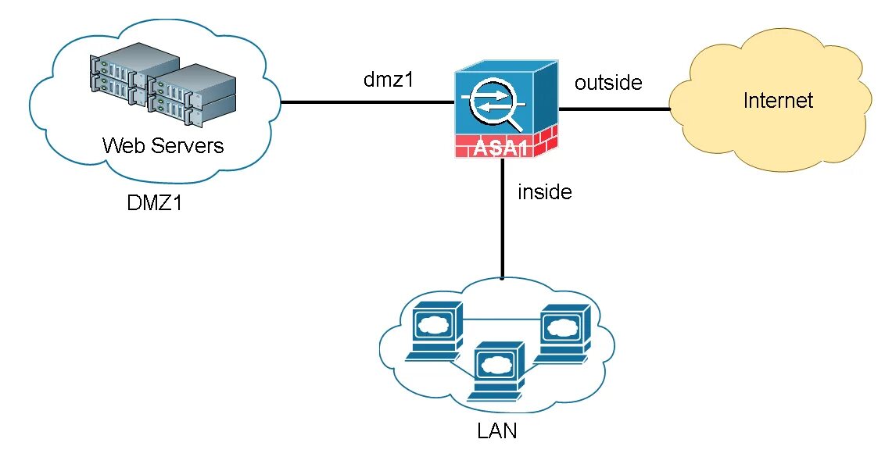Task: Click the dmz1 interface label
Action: click(389, 80)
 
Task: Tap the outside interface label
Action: click(608, 82)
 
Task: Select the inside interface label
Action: click(545, 192)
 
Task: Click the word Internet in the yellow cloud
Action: click(778, 101)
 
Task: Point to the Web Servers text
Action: click(163, 145)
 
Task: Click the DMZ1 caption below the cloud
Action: click(155, 202)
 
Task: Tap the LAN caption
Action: click(496, 431)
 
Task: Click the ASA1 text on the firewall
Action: click(500, 148)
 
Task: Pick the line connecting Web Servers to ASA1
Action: click(367, 102)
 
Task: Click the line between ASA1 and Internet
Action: click(614, 109)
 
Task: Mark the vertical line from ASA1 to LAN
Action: click(503, 219)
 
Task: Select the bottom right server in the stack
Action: click(191, 109)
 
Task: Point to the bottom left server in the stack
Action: click(119, 88)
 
